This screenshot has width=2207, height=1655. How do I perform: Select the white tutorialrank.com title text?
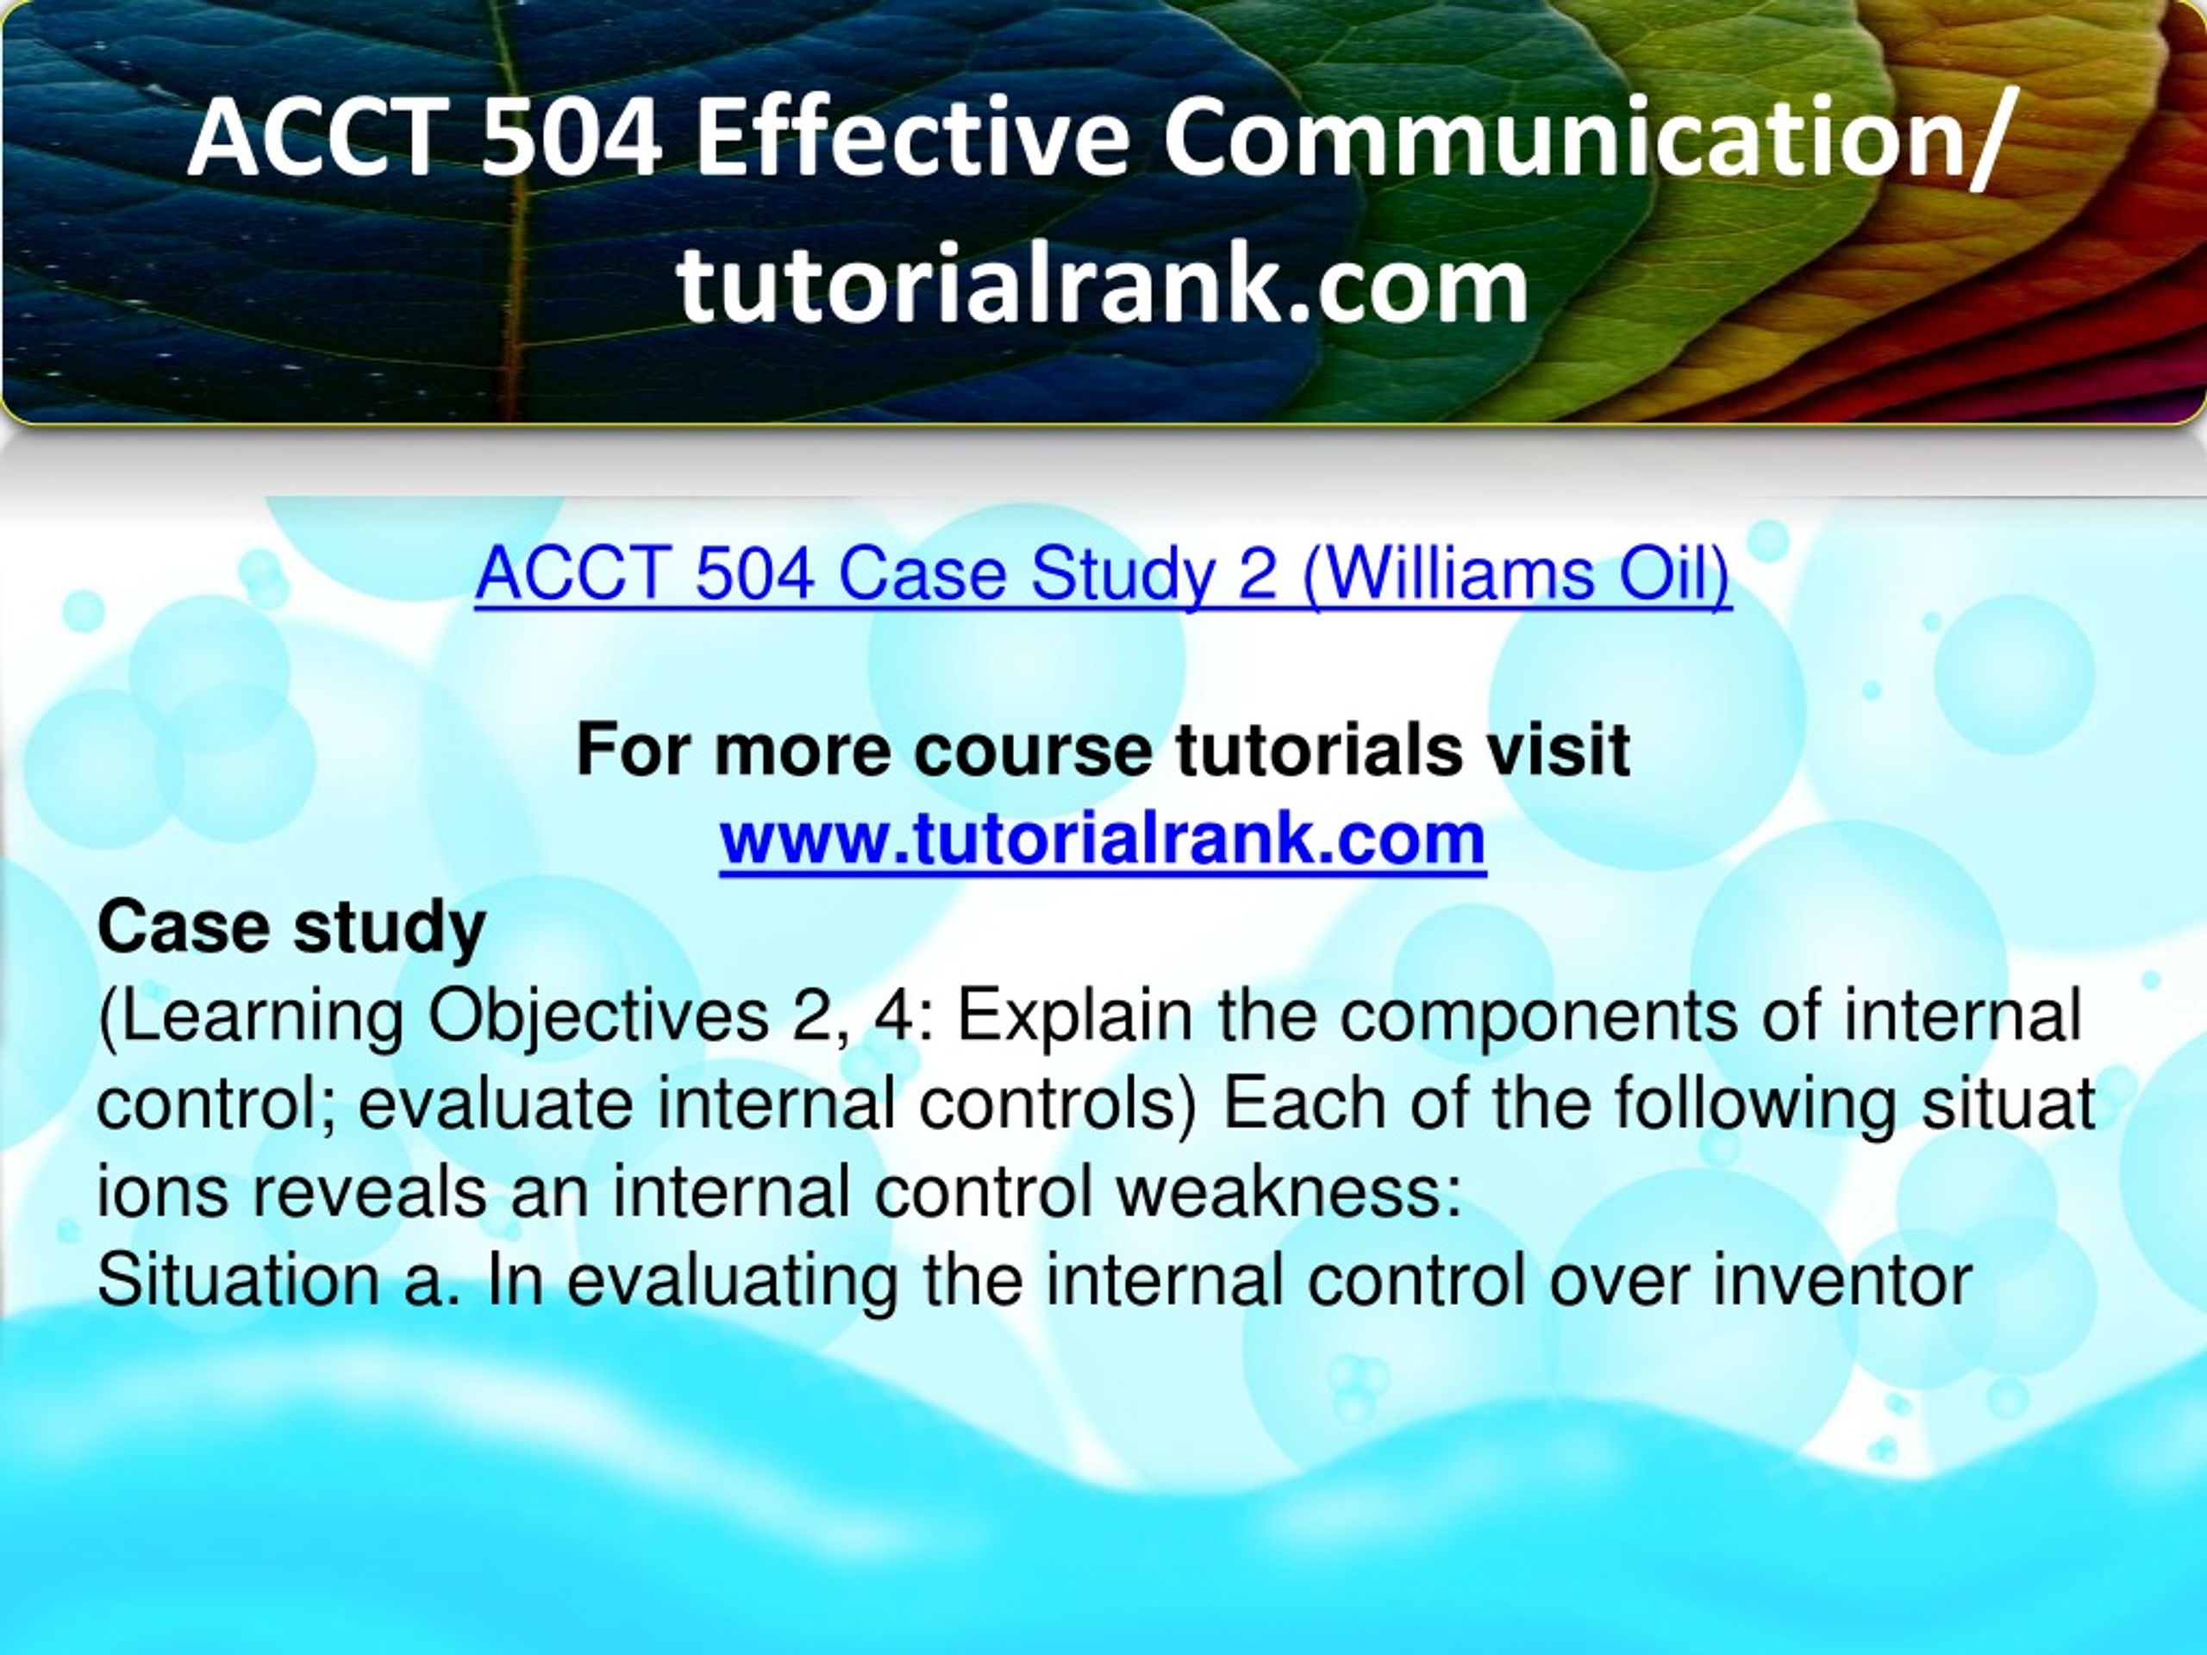pos(1103,285)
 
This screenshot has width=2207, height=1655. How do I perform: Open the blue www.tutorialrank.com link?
pos(1103,839)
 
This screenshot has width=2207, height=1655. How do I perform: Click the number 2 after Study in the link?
pos(1257,576)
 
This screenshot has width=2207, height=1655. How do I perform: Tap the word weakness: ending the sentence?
pos(1289,1193)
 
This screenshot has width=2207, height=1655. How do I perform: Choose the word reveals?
pos(368,1193)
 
